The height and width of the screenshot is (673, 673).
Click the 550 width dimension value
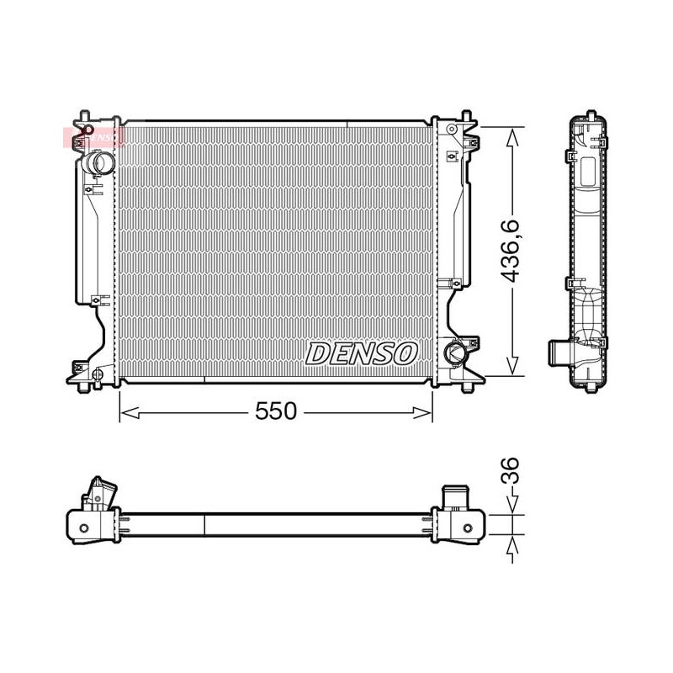tap(276, 411)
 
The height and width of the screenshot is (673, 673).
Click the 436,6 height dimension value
tap(511, 251)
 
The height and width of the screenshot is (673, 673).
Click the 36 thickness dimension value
tap(511, 470)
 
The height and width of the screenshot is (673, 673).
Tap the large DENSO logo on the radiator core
tap(362, 353)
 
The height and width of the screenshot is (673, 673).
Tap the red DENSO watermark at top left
tap(94, 137)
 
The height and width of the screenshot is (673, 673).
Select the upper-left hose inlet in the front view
tap(99, 163)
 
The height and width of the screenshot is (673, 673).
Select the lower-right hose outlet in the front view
tap(455, 350)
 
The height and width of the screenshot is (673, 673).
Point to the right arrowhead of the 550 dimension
tap(422, 413)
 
